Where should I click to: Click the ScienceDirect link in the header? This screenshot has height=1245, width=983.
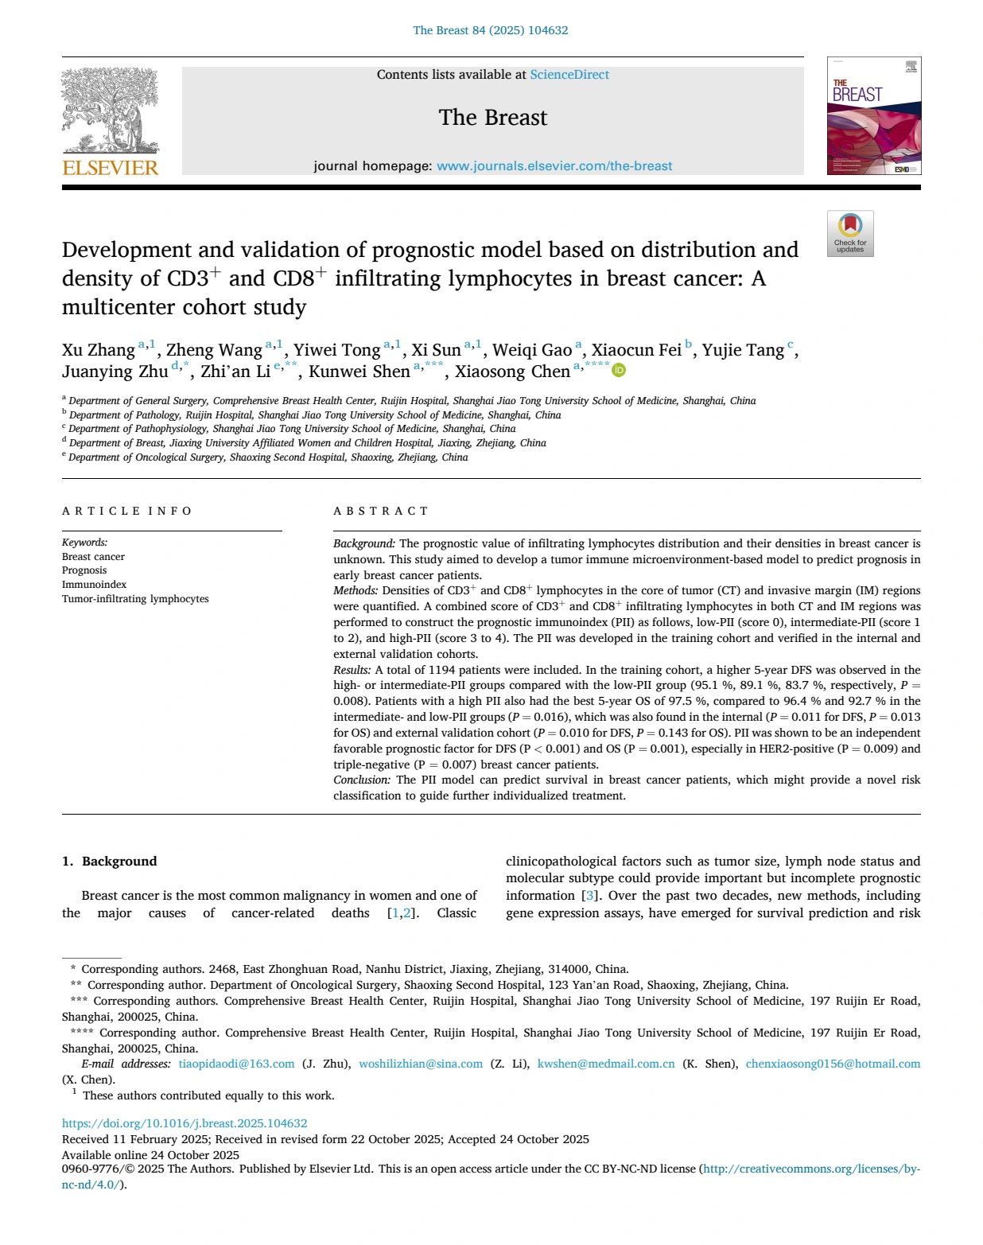pos(569,75)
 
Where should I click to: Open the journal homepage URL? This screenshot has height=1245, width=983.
pos(554,166)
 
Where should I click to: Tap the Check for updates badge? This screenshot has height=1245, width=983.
pos(850,233)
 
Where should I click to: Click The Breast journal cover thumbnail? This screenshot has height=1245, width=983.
pos(874,116)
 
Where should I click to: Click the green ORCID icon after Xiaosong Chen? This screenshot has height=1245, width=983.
pos(619,370)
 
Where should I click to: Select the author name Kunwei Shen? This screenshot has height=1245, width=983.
pos(359,372)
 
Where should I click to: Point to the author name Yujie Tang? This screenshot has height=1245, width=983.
pos(743,350)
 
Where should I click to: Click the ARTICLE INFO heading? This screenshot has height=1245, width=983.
pos(127,511)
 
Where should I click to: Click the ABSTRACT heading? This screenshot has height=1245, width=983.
pos(381,511)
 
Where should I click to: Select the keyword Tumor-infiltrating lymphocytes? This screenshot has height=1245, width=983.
pos(135,599)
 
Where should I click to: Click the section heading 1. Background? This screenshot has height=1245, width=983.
pos(110,861)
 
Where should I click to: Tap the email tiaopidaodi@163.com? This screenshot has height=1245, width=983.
pos(236,1064)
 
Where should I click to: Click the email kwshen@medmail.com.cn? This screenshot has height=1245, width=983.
pos(606,1064)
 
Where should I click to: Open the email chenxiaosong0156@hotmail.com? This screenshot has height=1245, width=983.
pos(833,1064)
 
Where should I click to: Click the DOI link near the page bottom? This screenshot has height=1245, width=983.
pos(185,1123)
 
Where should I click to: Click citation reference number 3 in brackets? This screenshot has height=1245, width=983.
pos(589,896)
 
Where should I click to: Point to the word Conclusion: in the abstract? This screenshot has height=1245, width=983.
pos(362,780)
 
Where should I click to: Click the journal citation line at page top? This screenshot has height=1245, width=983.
pos(491,30)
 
